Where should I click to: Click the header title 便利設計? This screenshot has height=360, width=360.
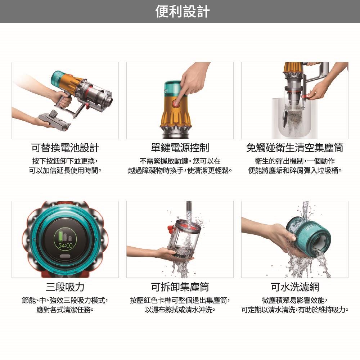click(x=182, y=12)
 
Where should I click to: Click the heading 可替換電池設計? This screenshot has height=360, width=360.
click(x=65, y=148)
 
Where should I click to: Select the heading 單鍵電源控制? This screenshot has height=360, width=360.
click(x=180, y=148)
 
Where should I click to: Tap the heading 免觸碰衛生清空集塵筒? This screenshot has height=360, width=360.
click(x=295, y=148)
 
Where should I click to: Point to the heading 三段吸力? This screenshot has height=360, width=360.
click(x=65, y=287)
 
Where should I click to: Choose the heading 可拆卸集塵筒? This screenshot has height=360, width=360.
click(x=180, y=287)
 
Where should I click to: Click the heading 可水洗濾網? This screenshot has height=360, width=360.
click(x=295, y=287)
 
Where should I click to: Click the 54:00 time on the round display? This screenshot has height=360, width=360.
click(x=65, y=246)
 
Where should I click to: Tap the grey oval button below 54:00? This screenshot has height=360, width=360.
click(x=65, y=256)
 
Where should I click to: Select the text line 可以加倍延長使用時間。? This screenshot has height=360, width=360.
click(x=65, y=171)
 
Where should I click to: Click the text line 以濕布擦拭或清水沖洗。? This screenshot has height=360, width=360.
click(x=180, y=310)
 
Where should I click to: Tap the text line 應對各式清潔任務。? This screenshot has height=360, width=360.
click(x=65, y=310)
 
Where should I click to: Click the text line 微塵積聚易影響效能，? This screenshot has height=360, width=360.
click(x=295, y=300)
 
